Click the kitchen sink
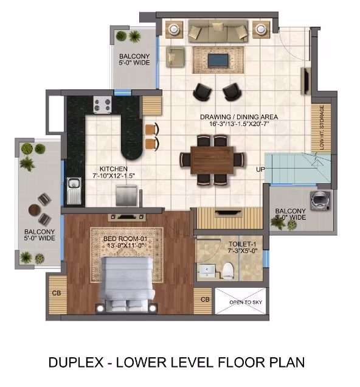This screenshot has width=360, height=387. pyautogui.click(x=74, y=190)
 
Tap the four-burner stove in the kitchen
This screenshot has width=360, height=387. pyautogui.click(x=102, y=105)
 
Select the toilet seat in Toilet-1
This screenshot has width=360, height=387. pyautogui.click(x=228, y=271)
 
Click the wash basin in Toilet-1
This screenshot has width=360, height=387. pyautogui.click(x=207, y=271)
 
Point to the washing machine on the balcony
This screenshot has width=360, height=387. pyautogui.click(x=320, y=200)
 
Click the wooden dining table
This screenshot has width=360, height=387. pyautogui.click(x=212, y=160)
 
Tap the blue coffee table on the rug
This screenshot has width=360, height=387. pyautogui.click(x=218, y=60)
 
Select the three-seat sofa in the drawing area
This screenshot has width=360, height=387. pyautogui.click(x=218, y=31)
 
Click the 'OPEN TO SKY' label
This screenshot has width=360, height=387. pyautogui.click(x=246, y=302)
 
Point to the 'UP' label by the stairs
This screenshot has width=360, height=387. pyautogui.click(x=260, y=169)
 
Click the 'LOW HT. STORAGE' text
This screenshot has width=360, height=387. pyautogui.click(x=322, y=127)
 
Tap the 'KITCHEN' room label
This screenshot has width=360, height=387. pyautogui.click(x=114, y=169)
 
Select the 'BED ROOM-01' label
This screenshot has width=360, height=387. pyautogui.click(x=125, y=239)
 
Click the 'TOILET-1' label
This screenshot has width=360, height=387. pyautogui.click(x=243, y=244)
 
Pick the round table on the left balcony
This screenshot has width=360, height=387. pyautogui.click(x=34, y=210)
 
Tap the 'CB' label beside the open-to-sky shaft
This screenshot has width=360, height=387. pyautogui.click(x=205, y=299)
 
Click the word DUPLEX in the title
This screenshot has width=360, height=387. pyautogui.click(x=75, y=362)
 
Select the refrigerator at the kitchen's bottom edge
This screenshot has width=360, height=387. pyautogui.click(x=126, y=195)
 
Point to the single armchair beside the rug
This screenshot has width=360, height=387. pyautogui.click(x=175, y=57)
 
